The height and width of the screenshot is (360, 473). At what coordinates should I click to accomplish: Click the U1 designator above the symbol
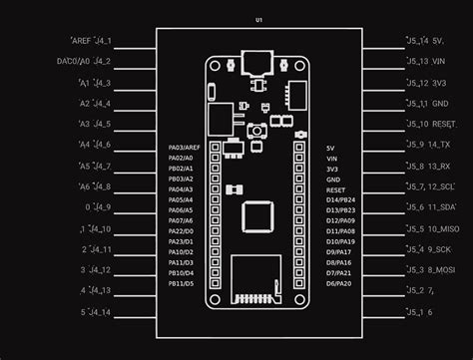point(258,20)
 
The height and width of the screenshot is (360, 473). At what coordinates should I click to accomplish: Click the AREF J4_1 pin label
point(92,41)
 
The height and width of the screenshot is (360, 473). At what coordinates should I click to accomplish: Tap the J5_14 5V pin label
point(431,41)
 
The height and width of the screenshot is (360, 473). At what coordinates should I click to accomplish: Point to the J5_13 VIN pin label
point(431,62)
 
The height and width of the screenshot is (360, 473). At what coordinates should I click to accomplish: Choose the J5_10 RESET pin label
point(431,124)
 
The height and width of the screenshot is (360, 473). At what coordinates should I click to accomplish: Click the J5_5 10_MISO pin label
point(431,228)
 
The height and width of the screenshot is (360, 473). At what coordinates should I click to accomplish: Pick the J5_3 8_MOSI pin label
point(431,270)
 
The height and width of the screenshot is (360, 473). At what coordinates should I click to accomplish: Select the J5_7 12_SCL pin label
point(431,186)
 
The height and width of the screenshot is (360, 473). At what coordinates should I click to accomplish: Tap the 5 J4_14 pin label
point(96,312)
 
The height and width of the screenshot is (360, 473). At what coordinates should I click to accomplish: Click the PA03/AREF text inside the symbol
point(185,148)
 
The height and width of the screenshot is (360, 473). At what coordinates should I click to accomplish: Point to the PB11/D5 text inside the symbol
point(181,283)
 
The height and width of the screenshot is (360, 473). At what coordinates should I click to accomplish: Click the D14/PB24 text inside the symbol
point(340,199)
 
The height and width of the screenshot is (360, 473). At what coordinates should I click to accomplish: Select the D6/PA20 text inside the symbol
point(338,283)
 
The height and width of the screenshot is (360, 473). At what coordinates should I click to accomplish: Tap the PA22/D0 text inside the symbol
point(181,231)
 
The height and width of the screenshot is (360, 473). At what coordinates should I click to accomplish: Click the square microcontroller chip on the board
point(258,213)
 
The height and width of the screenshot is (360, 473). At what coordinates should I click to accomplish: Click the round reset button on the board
point(257,131)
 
